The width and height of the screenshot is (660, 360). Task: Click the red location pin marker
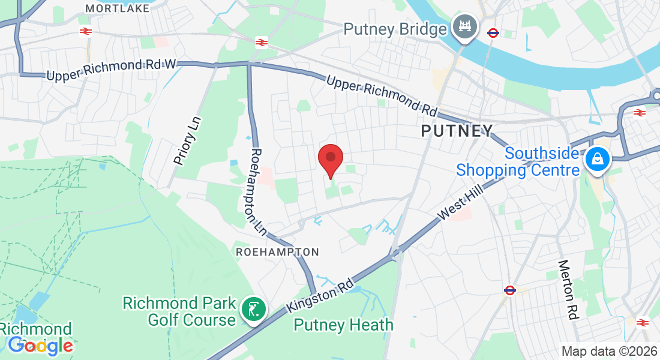tap(330, 159)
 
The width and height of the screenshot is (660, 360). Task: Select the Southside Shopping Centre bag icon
tap(598, 160)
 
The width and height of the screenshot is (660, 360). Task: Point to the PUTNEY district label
tap(457, 130)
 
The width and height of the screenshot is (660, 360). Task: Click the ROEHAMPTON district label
tap(277, 252)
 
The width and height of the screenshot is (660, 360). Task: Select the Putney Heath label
tap(343, 325)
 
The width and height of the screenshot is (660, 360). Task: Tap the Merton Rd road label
tap(568, 289)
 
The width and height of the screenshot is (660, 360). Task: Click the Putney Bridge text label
tap(395, 29)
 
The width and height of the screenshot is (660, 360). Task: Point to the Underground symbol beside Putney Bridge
tap(493, 33)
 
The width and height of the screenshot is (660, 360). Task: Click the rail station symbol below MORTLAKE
tap(86, 31)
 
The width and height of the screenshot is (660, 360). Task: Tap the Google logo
tap(40, 346)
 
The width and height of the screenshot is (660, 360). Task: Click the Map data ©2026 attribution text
tap(609, 351)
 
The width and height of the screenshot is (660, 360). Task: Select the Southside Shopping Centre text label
tap(518, 161)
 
